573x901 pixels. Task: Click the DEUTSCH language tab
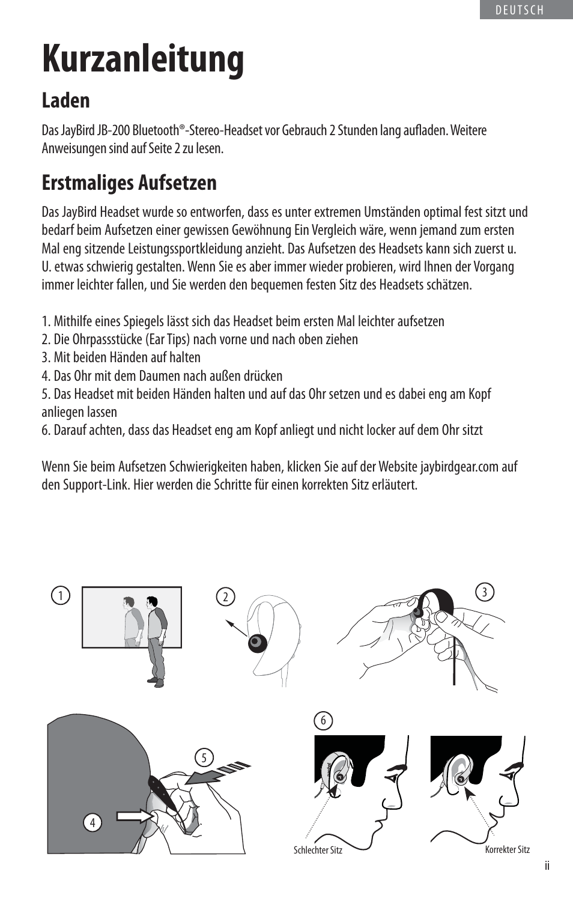click(x=520, y=10)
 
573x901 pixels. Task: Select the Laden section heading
click(x=65, y=100)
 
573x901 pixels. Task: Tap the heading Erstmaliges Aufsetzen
click(x=129, y=183)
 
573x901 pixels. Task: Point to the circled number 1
click(x=61, y=595)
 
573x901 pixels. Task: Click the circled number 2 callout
click(x=225, y=596)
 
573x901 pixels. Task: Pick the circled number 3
click(x=485, y=592)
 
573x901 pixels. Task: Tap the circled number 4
click(x=92, y=822)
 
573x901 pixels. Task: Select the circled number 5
click(x=204, y=757)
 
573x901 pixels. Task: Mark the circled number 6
click(x=323, y=720)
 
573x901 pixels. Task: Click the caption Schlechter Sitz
click(x=318, y=850)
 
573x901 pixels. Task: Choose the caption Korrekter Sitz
click(x=508, y=849)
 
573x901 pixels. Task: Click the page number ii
click(x=547, y=866)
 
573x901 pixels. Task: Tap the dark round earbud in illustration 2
click(x=256, y=642)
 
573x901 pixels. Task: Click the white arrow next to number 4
click(x=135, y=816)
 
